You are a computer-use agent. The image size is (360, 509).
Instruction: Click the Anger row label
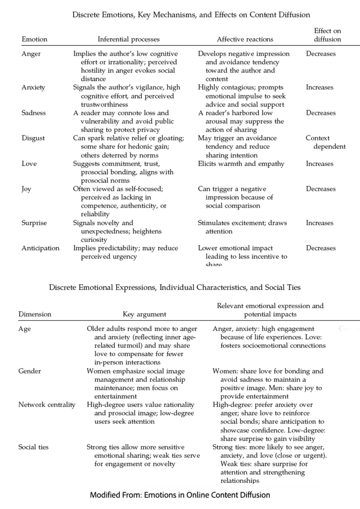point(31,54)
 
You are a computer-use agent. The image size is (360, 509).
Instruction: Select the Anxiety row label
point(33,87)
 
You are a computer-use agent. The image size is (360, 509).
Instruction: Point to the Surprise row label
point(34,223)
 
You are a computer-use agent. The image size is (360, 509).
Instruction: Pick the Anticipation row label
point(40,248)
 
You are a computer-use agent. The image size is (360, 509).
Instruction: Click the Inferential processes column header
point(129,39)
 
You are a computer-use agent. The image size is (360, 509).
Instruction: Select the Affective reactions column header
point(245,39)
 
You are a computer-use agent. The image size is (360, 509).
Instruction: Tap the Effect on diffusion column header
point(327,35)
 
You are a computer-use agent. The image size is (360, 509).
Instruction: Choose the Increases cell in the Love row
point(320,164)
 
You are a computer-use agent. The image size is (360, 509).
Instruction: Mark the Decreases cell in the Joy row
point(321,189)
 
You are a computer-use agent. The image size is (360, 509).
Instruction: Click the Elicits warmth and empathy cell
point(241,164)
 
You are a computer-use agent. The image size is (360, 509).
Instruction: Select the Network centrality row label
point(47,405)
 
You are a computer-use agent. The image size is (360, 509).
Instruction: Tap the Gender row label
point(30,371)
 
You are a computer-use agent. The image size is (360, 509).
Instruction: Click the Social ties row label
point(33,447)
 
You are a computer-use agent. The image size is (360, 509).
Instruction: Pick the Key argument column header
point(144,314)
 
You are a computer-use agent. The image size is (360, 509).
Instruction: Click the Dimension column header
point(35,314)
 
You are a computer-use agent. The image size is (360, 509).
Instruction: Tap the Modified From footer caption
point(180,495)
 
